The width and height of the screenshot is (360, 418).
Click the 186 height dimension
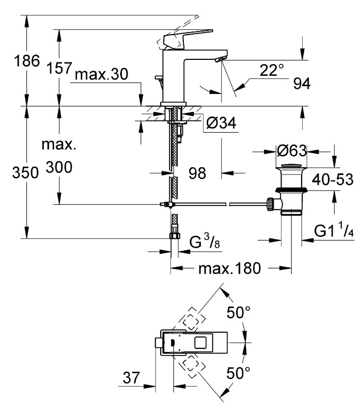tap(27, 61)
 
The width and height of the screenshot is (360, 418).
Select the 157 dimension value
tap(59, 68)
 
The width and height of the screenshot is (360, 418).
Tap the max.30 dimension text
tap(101, 74)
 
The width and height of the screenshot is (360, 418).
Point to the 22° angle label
tap(272, 70)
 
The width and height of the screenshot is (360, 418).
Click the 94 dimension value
tap(302, 84)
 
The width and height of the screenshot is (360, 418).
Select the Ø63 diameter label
tap(292, 151)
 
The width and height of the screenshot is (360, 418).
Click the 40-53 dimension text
tap(333, 180)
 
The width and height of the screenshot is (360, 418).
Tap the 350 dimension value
tap(25, 172)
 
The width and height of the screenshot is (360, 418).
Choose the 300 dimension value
tap(59, 167)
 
